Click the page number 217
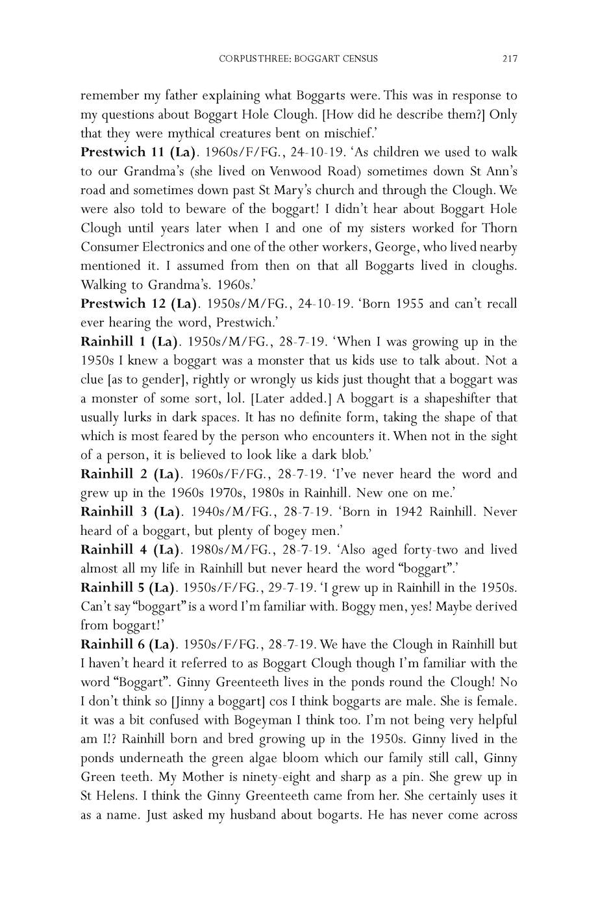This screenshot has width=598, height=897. pyautogui.click(x=509, y=59)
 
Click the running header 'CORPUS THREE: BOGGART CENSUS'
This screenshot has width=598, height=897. pyautogui.click(x=299, y=59)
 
